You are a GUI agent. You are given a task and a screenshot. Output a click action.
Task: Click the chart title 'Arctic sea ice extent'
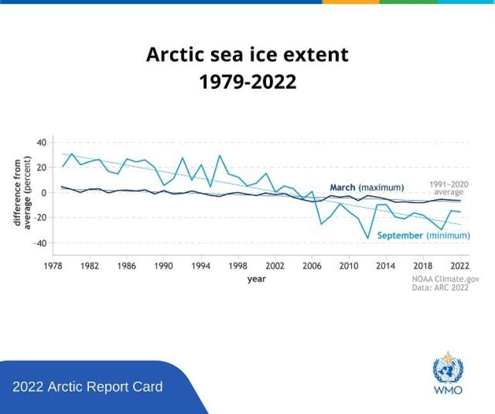tap(247, 54)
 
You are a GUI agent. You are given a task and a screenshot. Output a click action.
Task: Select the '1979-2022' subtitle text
tap(247, 82)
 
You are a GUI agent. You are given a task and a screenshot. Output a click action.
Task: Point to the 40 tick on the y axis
tap(42, 142)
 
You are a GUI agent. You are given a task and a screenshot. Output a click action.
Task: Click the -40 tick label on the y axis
tap(40, 243)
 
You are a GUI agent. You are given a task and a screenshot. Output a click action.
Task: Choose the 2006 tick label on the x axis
tap(312, 266)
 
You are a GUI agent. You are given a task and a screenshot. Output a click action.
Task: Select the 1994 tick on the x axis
tap(201, 266)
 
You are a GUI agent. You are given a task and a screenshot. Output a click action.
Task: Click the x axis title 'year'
tap(256, 279)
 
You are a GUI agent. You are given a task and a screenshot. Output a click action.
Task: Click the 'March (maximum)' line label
tap(366, 187)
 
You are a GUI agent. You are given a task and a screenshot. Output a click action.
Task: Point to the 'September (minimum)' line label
tap(423, 236)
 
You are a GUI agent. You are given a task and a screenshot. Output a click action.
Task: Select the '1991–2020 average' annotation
tap(448, 188)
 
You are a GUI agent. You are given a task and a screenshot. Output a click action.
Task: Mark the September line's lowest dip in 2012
tap(367, 238)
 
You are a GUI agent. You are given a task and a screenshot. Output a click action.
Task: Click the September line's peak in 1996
tap(220, 155)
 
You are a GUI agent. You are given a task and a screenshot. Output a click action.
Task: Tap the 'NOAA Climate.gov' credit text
tap(445, 279)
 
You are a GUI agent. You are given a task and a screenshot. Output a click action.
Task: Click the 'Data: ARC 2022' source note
tap(440, 288)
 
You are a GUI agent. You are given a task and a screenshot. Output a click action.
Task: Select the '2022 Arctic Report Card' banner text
tap(88, 387)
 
